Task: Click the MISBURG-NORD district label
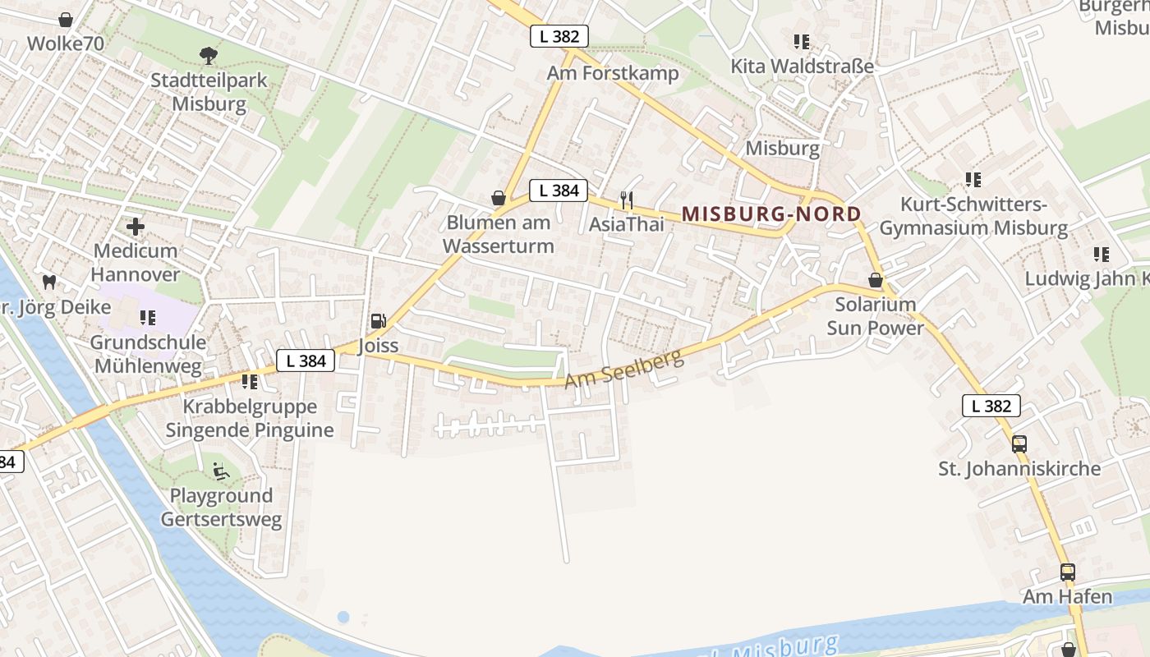[x=771, y=214]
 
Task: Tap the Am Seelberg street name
[x=624, y=369]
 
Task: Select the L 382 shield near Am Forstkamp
[x=559, y=36]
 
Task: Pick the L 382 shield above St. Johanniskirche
[x=991, y=406]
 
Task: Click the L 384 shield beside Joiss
[x=306, y=361]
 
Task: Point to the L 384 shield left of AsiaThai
[x=559, y=191]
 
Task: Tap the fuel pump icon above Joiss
[x=378, y=320]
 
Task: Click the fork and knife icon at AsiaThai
[x=626, y=199]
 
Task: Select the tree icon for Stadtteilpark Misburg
[x=209, y=56]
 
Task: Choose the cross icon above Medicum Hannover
[x=136, y=226]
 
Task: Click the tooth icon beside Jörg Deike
[x=48, y=282]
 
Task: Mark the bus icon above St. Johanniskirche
[x=1019, y=443]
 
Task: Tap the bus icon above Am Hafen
[x=1067, y=572]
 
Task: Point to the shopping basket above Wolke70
[x=66, y=20]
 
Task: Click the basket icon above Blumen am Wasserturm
[x=498, y=198]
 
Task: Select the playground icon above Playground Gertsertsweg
[x=221, y=471]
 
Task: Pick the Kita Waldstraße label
[x=803, y=66]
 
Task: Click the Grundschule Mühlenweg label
[x=148, y=354]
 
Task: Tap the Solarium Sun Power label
[x=875, y=316]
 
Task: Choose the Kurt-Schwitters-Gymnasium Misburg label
[x=973, y=216]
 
